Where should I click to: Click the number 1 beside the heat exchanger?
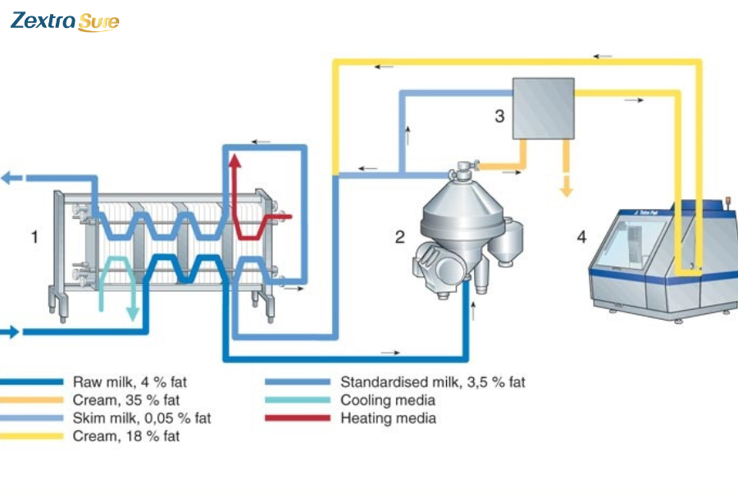coord(34,237)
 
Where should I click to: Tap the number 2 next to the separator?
coord(399,237)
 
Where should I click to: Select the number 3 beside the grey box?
coord(499,116)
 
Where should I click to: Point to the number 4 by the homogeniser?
coord(581,237)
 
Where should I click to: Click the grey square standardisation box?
coord(544,108)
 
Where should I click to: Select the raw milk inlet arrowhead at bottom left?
coord(11,332)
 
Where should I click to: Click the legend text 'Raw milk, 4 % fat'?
coord(135,382)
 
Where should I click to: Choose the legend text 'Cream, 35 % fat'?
coord(126,400)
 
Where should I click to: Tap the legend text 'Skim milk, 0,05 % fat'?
coord(142,418)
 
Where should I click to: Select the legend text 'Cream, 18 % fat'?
coord(126,436)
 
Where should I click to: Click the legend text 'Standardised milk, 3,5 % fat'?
coord(432,382)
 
